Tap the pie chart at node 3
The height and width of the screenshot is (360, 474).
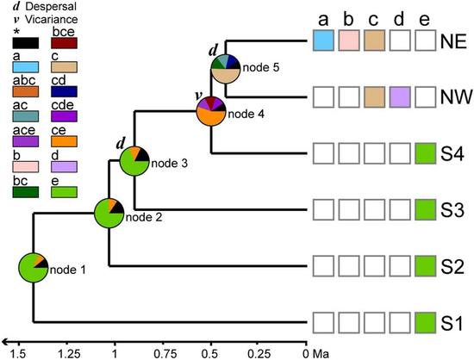click(134, 163)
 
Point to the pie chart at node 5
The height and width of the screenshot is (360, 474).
click(227, 69)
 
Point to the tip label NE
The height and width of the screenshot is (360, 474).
click(453, 40)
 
